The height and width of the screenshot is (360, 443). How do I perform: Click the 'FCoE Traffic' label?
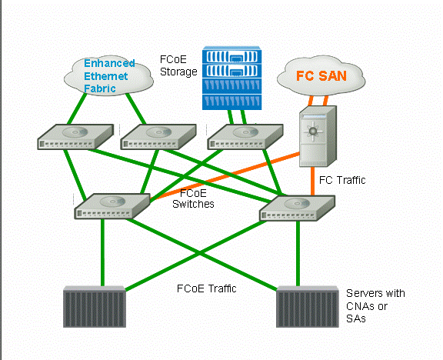pos(207,288)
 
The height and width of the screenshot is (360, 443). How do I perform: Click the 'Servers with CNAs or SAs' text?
pos(375,305)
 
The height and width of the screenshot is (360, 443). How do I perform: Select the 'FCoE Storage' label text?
pos(178,65)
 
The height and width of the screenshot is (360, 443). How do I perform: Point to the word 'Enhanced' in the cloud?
pos(109,63)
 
